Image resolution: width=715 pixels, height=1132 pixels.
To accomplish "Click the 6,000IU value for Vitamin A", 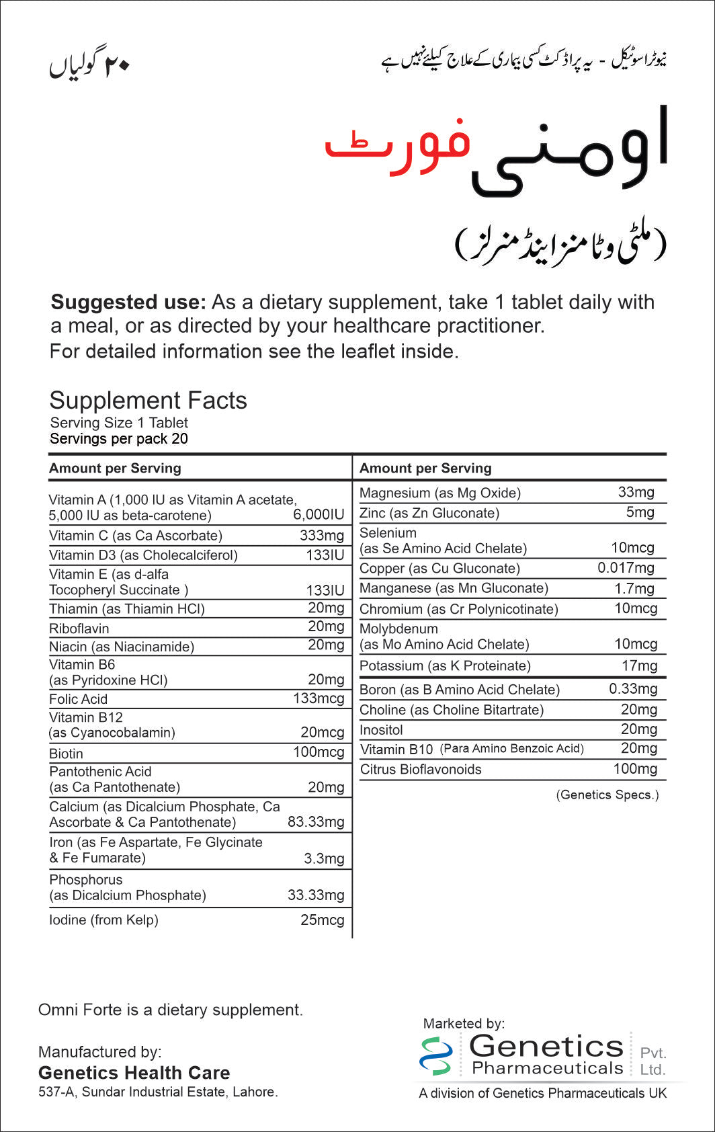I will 319,515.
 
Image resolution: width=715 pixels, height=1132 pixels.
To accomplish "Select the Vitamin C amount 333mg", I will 321,536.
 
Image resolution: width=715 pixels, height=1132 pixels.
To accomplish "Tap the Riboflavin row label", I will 79,629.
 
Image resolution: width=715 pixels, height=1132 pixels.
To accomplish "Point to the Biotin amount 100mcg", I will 318,753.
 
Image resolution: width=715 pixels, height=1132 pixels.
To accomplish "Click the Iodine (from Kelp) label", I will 103,920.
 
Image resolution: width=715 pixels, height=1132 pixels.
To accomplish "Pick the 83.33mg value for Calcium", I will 316,822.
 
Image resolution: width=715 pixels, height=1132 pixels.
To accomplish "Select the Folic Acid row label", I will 78,699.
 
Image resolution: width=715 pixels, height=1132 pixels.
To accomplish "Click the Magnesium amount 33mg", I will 636,492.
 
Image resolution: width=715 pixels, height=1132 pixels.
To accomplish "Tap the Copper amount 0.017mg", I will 626,568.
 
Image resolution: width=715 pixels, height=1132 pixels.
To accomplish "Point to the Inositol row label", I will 381,730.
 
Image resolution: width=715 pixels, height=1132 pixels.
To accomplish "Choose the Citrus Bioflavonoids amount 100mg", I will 635,769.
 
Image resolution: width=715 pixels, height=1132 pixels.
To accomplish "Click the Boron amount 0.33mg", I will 633,689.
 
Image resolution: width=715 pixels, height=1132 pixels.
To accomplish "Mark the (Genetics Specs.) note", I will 607,795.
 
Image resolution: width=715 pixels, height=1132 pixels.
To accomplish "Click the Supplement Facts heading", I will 148,401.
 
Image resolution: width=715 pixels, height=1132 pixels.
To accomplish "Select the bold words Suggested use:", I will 128,302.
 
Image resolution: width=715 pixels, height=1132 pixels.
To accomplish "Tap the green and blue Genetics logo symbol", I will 435,1055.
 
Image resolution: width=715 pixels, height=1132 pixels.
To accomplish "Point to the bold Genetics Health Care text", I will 134,1073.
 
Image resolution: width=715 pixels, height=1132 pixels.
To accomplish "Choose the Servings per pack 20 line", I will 119,439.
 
